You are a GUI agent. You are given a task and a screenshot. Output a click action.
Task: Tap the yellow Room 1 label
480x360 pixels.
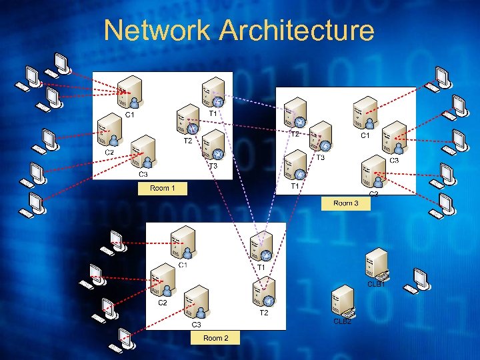(x=162, y=189)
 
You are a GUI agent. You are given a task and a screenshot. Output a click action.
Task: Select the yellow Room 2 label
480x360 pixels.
(x=215, y=338)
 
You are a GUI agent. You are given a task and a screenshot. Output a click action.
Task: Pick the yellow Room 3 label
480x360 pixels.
(x=345, y=203)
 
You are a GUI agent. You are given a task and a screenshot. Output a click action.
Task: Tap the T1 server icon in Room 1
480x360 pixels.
(x=213, y=94)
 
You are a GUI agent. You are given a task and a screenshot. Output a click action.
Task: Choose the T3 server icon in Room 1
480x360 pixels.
(x=212, y=145)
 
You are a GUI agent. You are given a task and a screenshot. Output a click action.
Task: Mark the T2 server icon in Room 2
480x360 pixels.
(x=263, y=292)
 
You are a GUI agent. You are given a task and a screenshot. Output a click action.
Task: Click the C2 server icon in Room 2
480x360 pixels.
(x=162, y=280)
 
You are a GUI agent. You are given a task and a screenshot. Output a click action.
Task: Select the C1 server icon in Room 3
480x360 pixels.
(x=365, y=113)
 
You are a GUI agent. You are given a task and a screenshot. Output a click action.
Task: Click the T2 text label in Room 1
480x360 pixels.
(x=188, y=141)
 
